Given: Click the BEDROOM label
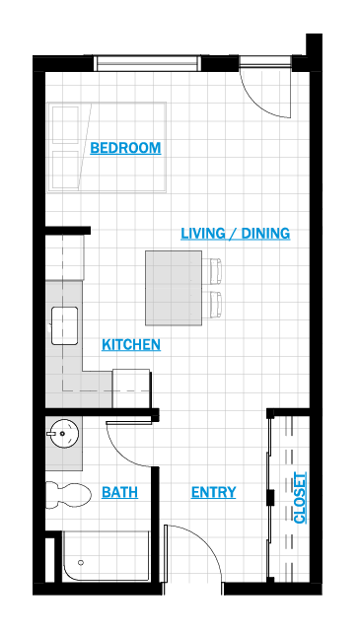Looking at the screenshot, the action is point(125,148).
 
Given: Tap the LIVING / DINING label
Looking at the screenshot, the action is point(236,234).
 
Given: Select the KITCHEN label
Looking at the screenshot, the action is point(131,345).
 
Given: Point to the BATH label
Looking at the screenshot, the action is point(119,492).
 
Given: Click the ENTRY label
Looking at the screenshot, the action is point(214,492).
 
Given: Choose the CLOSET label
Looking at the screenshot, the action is point(300,498).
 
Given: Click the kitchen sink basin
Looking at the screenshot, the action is point(65,325).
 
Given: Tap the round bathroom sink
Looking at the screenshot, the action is point(64,434).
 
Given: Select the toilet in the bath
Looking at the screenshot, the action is point(68,495).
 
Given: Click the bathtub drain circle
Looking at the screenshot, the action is point(81,562).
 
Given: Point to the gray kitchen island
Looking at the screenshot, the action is point(174,288).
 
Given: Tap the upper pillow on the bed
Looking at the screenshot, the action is point(65,126).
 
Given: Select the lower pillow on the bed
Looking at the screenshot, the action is point(65,170).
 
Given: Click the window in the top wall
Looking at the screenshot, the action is point(148,63).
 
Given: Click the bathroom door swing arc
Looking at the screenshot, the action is point(121,452).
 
